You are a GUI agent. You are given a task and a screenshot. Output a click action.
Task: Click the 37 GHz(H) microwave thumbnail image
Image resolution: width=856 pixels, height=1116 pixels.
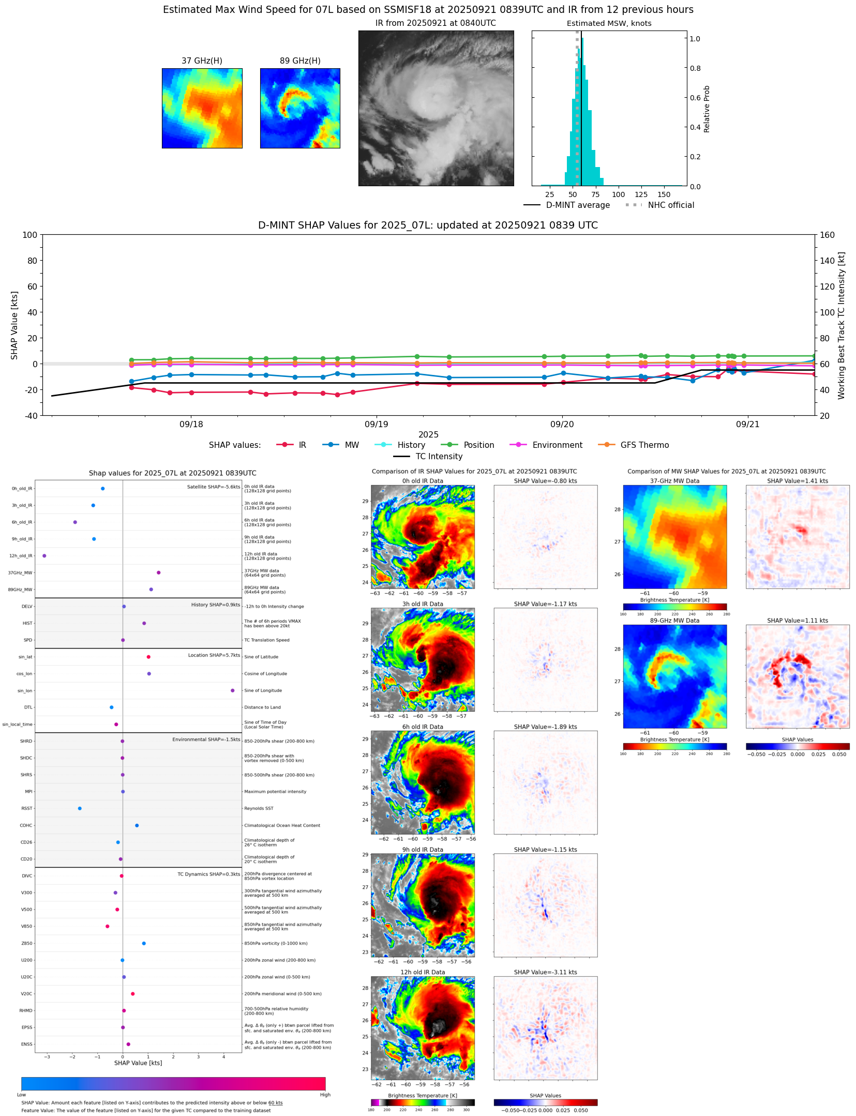coord(202,108)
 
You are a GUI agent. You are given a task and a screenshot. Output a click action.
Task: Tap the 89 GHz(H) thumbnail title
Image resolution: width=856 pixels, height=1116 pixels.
coord(300,61)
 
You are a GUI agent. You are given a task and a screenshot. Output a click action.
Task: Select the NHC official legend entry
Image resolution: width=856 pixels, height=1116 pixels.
coord(671,205)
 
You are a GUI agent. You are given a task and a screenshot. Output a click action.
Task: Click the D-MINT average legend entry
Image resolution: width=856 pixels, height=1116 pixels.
coord(578,205)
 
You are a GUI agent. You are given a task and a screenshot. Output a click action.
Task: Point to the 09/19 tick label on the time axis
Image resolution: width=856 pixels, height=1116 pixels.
coord(376,425)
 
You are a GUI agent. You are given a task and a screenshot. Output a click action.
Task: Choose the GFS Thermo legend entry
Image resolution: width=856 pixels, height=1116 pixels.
coord(644,445)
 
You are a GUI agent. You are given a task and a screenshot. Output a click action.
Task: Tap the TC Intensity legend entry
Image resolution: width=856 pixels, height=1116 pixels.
coord(439,457)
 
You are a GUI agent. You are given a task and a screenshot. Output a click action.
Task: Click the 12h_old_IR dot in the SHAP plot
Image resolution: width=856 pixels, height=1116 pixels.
coord(44,556)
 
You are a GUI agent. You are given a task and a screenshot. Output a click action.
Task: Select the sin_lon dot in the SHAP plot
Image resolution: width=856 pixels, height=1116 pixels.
coord(233,690)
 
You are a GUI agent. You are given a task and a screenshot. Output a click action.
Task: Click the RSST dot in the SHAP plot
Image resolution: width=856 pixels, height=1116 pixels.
coord(80,808)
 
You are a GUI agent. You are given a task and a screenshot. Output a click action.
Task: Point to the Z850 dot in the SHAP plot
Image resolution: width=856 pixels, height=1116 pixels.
coord(144,943)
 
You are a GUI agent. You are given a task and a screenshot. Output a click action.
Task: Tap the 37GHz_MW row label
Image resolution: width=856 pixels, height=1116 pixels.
coord(20,573)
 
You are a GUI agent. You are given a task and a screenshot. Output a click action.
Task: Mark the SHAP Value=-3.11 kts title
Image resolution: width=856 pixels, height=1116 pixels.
coord(545,972)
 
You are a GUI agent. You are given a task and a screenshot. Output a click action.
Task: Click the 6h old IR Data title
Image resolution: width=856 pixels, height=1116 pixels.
coord(423,727)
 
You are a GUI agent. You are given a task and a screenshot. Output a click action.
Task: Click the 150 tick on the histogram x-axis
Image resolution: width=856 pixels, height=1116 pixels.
coord(664,194)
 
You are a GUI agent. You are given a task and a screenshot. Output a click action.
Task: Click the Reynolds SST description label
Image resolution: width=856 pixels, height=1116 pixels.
coord(259,808)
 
